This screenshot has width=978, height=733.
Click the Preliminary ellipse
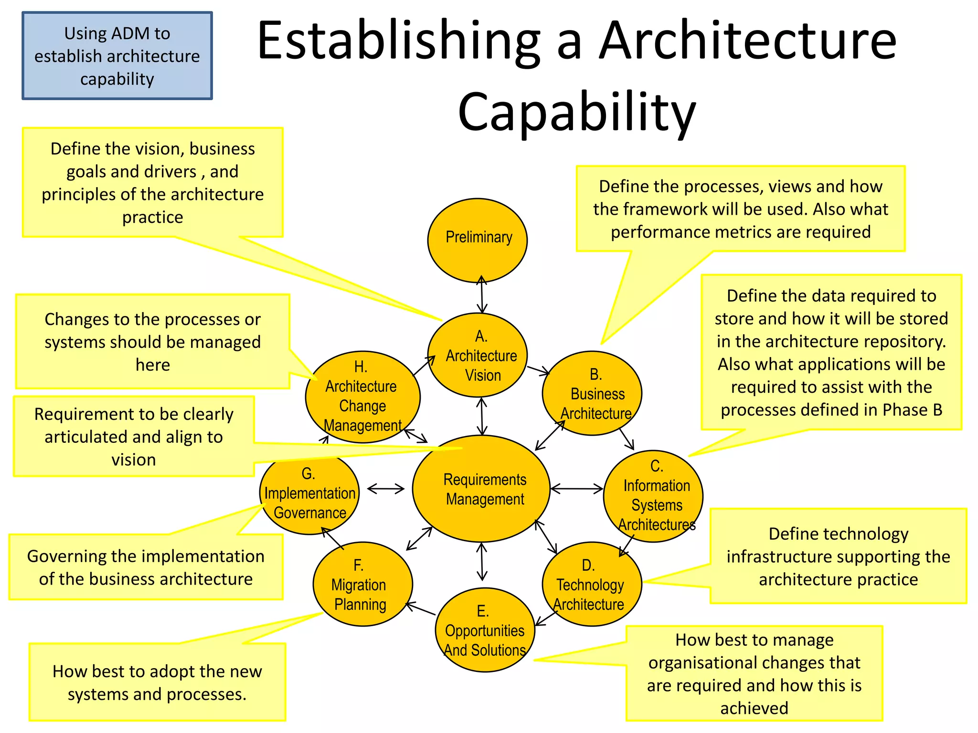(477, 240)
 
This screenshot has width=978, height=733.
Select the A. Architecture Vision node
(477, 355)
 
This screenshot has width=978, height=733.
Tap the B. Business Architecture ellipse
(592, 393)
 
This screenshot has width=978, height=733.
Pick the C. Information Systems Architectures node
(653, 496)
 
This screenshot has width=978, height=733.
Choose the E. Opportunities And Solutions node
(485, 630)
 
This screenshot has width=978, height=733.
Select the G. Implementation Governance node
(309, 494)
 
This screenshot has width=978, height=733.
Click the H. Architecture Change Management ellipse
(362, 397)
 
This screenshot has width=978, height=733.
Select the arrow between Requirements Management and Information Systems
(576, 489)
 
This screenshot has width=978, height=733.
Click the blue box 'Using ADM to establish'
(117, 56)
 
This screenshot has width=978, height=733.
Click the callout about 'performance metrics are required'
(740, 209)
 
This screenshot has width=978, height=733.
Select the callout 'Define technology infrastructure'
(838, 556)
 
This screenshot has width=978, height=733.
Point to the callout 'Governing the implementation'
(146, 567)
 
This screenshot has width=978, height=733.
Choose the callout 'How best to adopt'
(157, 682)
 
